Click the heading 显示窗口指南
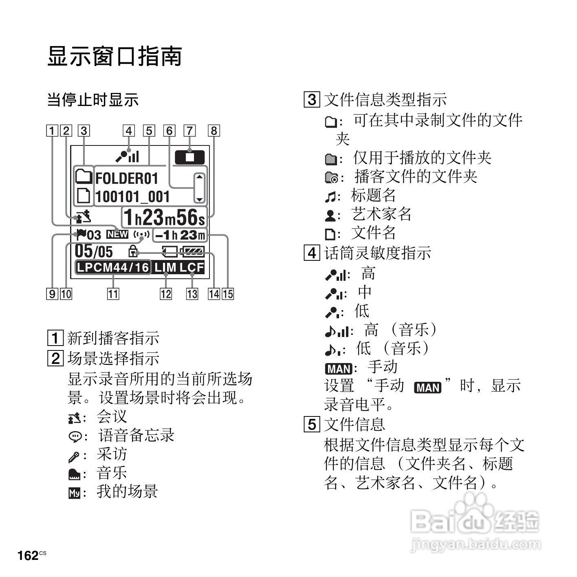pos(115,56)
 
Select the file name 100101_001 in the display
pos(132,197)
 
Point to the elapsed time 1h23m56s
pos(164,217)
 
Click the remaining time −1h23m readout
pos(180,235)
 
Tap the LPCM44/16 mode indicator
pos(113,267)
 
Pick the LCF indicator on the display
pos(192,267)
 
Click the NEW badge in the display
pos(117,234)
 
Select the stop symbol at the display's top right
pos(189,157)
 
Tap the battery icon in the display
pos(193,252)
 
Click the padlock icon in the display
pos(133,251)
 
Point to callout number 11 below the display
pos(113,294)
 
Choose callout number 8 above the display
pos(214,131)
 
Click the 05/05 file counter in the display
pos(94,251)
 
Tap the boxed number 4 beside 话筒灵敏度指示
pos(312,253)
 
